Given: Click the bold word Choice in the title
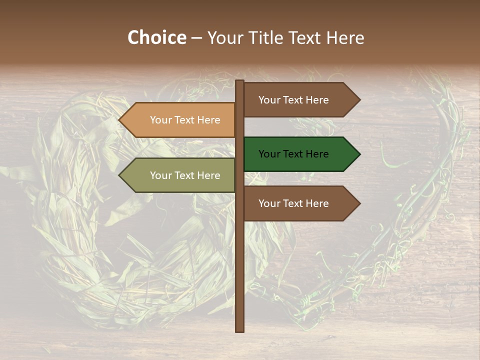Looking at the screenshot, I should (156, 38).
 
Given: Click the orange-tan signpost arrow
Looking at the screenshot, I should (180, 120).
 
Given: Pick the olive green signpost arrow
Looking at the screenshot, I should (180, 175).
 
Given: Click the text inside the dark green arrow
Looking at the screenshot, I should (293, 154).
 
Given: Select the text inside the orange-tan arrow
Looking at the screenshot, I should (185, 120).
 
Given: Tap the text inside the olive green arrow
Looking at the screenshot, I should (185, 175).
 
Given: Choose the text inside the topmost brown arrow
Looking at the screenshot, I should (293, 100).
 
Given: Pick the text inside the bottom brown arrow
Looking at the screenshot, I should (293, 203).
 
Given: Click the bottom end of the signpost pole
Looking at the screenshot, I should (240, 329).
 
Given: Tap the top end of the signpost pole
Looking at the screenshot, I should (240, 82).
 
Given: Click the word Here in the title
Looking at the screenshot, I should (345, 38).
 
